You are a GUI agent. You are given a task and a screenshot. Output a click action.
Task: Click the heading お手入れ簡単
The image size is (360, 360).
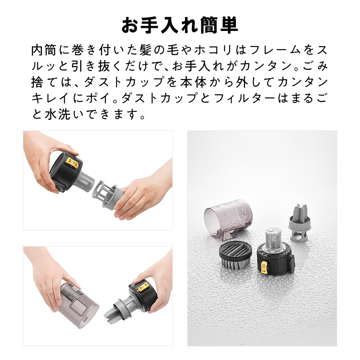180,25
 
